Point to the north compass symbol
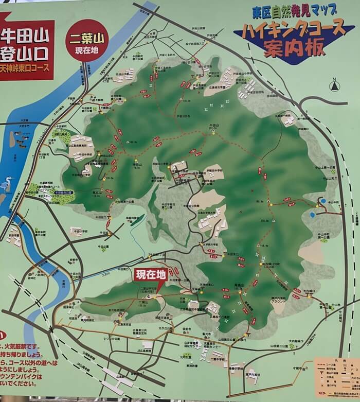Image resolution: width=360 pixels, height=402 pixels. (x=335, y=85)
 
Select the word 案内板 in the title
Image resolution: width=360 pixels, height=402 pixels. (x=294, y=48)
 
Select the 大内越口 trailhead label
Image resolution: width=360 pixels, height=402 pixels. (x=309, y=291)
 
